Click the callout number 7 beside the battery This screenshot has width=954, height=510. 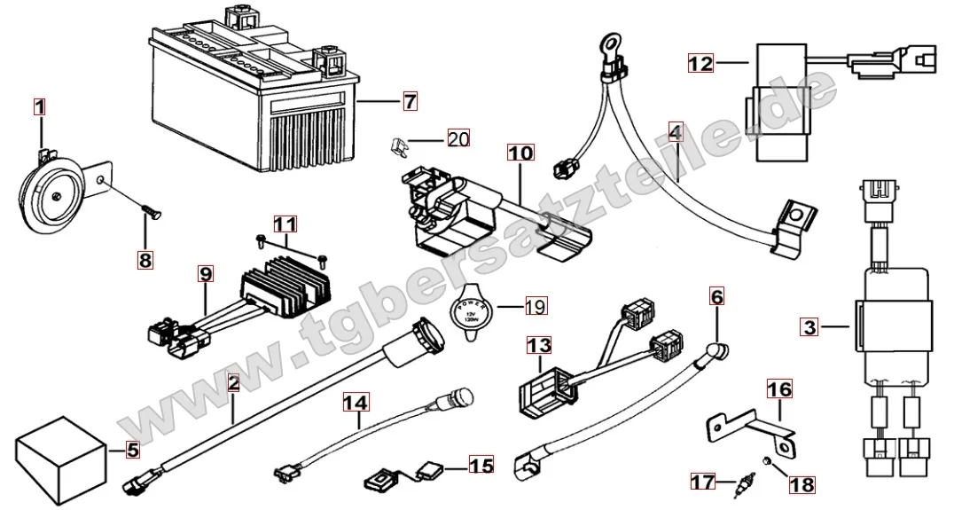point(409,102)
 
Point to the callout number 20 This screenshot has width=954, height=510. point(457,138)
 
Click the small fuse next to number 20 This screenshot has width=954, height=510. point(400,142)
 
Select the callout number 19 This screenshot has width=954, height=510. point(535,307)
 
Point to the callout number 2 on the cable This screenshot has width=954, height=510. point(233,384)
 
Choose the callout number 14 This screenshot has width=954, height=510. point(356,403)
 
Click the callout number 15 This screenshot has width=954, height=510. point(480,464)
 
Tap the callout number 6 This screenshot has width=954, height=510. point(717,293)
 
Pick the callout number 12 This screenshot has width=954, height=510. point(700,63)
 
